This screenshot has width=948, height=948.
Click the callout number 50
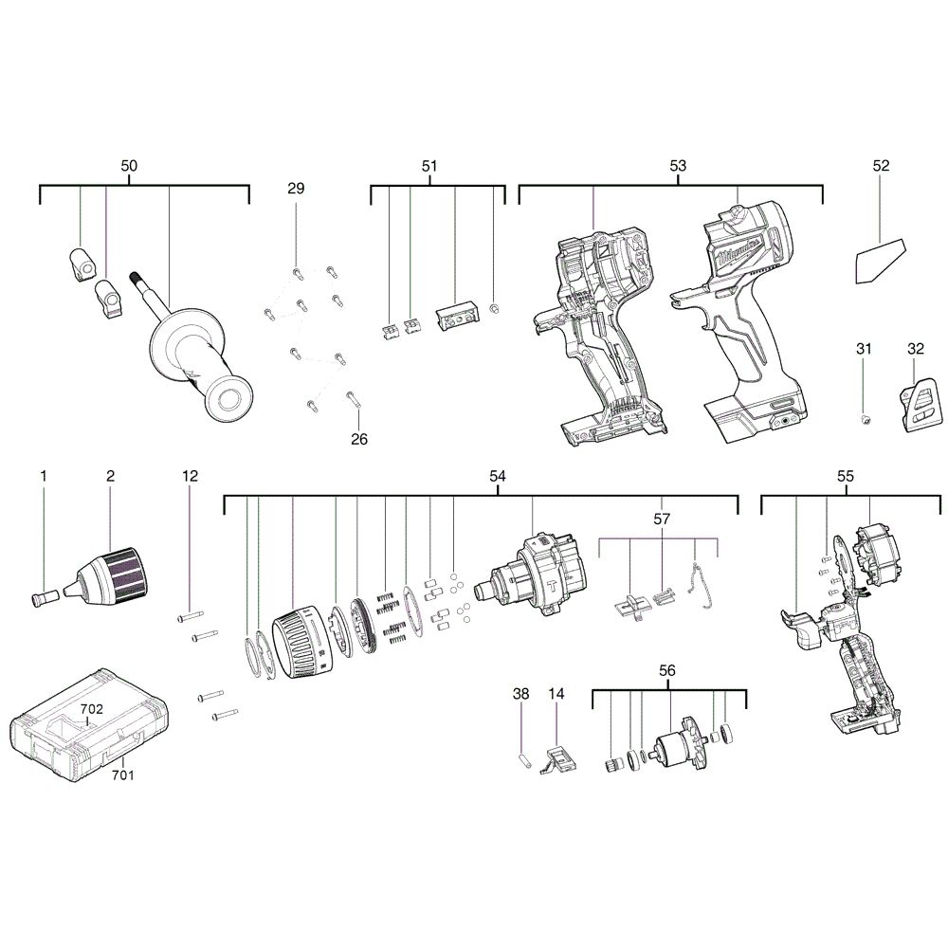click(x=129, y=166)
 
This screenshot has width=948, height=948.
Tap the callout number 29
click(x=296, y=189)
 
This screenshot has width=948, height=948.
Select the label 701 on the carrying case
click(x=122, y=775)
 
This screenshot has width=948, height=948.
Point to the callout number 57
click(x=661, y=520)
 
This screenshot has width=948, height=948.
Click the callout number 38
click(x=521, y=694)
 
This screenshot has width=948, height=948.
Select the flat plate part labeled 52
click(x=879, y=260)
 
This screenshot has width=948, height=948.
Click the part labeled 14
click(x=561, y=758)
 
